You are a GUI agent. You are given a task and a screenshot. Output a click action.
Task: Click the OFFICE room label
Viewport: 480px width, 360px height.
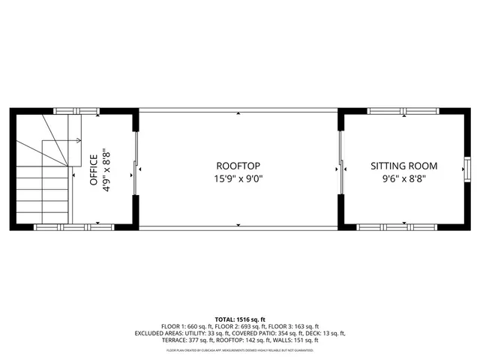click(x=93, y=169)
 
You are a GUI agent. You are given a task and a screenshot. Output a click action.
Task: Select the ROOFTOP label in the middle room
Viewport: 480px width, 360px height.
click(x=238, y=166)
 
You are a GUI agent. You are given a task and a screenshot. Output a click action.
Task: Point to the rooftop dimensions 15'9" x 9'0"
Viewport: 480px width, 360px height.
click(x=238, y=179)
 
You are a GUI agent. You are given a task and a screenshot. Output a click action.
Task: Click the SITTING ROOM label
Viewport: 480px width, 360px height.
click(x=404, y=166)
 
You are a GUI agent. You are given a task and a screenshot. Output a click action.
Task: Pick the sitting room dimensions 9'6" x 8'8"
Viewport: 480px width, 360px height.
click(x=404, y=179)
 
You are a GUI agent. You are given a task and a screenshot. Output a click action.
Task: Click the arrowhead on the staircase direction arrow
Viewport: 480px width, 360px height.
click(x=79, y=140)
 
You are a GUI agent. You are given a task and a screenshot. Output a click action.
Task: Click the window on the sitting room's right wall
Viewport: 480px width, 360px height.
click(x=466, y=169)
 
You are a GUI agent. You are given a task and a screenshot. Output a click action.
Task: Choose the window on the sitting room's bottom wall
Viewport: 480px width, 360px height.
click(x=394, y=226)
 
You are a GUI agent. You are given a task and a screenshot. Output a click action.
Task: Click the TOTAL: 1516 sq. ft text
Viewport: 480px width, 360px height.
click(x=239, y=319)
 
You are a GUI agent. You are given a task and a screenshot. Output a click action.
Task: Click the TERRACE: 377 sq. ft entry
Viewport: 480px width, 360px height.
click(x=187, y=340)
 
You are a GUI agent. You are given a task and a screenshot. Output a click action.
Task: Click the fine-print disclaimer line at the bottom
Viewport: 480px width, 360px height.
click(x=239, y=349)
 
